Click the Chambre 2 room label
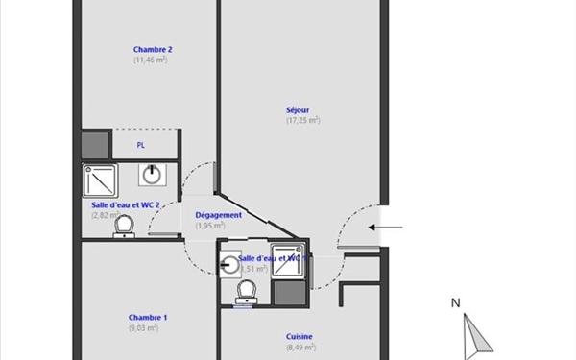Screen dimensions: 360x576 click(x=153, y=49)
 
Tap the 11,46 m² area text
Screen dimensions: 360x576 click(x=151, y=60)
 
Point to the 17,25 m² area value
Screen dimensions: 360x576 click(x=302, y=120)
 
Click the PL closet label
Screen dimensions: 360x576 click(x=141, y=145)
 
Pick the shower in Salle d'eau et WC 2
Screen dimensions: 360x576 click(x=99, y=179)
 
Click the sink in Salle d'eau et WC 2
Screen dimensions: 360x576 click(x=152, y=175)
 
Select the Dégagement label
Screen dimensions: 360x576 click(x=218, y=215)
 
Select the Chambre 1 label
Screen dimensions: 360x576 click(x=149, y=318)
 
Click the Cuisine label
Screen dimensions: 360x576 click(x=300, y=337)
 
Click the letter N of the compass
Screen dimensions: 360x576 click(x=456, y=303)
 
